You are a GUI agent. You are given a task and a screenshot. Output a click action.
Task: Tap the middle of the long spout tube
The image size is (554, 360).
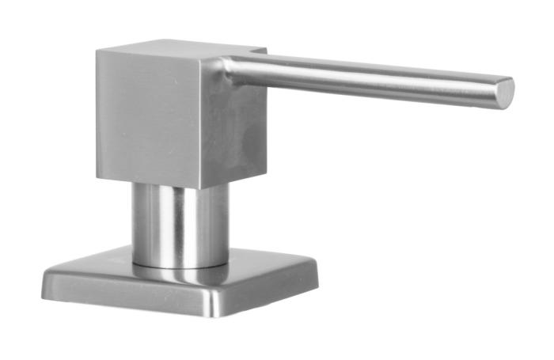[364, 77]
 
